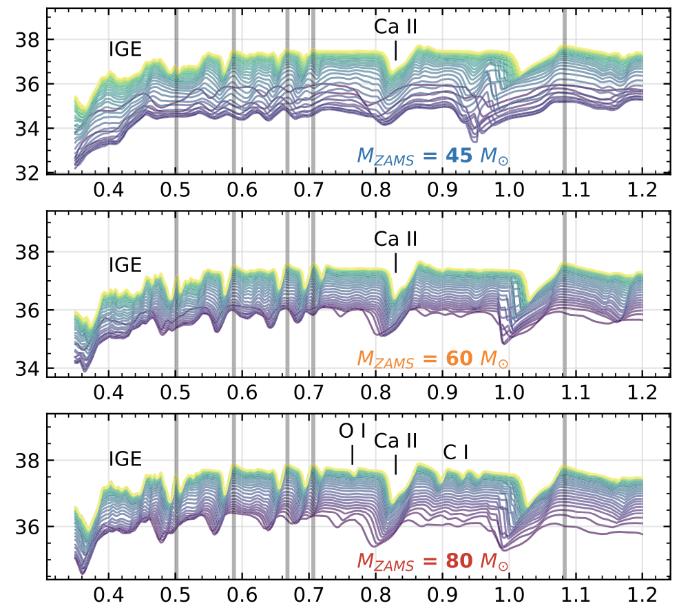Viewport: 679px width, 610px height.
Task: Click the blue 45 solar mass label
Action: (432, 156)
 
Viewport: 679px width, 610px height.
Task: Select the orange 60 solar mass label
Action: (432, 358)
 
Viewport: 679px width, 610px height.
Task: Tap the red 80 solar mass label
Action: (432, 561)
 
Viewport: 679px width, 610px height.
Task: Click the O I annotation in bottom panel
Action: (353, 431)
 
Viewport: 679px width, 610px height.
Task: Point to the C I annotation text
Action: (456, 452)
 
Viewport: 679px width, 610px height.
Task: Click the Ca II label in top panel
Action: (396, 27)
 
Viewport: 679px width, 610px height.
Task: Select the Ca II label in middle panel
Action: (396, 239)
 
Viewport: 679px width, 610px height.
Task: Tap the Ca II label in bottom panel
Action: (396, 441)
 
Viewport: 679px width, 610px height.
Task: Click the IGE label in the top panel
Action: (125, 50)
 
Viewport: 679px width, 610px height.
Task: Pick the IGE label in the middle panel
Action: (125, 265)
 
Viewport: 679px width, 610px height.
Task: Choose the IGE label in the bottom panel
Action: (125, 459)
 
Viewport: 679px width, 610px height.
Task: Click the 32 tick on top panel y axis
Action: (27, 173)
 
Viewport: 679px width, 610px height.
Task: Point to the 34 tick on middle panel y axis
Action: (27, 368)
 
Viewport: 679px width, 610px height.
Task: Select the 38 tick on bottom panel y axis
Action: (27, 460)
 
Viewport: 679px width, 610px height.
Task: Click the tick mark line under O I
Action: (353, 455)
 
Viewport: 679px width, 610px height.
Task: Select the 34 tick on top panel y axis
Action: (27, 129)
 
